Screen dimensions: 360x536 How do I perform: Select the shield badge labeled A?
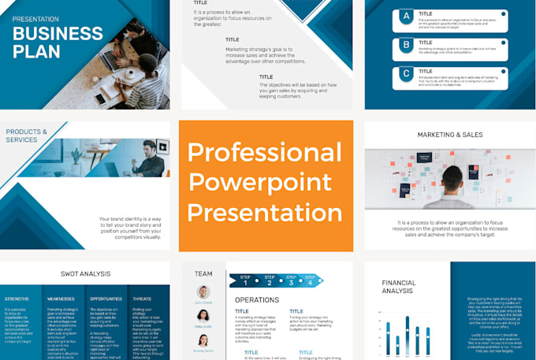(406, 15)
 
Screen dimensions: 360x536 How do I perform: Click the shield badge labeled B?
(406, 44)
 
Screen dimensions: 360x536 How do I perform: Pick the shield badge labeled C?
(406, 74)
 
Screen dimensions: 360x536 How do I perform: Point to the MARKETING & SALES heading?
(450, 135)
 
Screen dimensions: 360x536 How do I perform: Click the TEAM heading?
(203, 274)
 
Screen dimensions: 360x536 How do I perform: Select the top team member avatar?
(203, 292)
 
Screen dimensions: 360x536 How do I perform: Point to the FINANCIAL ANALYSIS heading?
(399, 287)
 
